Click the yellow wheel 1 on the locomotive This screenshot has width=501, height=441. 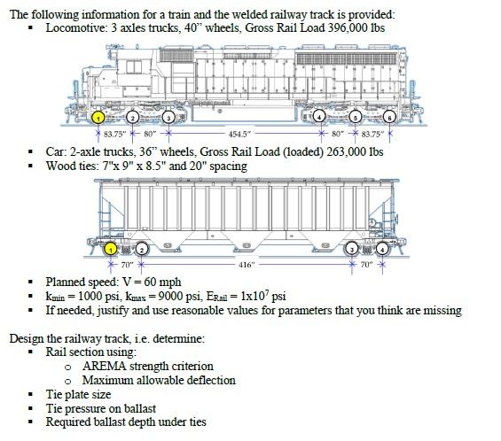(x=99, y=117)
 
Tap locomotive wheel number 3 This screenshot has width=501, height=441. (x=168, y=117)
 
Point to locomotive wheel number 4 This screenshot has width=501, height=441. (x=318, y=117)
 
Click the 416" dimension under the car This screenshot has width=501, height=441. (x=247, y=265)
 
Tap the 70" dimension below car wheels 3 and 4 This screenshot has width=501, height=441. (x=367, y=265)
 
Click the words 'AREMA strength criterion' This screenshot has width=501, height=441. (x=145, y=367)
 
